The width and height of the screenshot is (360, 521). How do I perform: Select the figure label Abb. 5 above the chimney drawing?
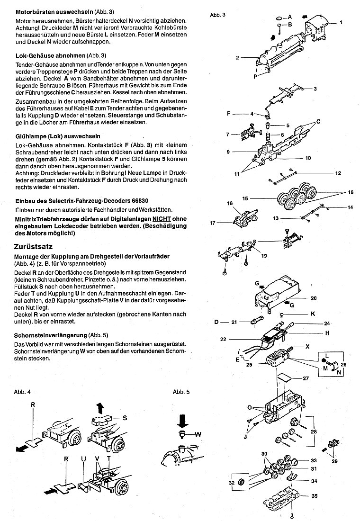(181, 392)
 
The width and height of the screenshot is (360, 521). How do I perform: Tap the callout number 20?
(313, 298)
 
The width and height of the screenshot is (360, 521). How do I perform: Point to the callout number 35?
(314, 497)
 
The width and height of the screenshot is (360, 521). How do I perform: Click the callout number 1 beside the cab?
(341, 22)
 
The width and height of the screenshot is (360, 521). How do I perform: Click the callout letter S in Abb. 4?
(125, 417)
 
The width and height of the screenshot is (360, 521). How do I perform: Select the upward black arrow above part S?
(99, 408)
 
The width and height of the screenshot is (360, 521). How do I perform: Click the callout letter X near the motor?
(308, 346)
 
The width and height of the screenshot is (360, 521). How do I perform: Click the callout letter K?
(313, 314)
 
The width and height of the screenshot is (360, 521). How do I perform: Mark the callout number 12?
(338, 173)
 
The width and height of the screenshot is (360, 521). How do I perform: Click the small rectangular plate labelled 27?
(285, 377)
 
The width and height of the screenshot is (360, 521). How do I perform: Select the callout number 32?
(232, 483)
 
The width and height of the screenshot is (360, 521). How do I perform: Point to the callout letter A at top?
(290, 17)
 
